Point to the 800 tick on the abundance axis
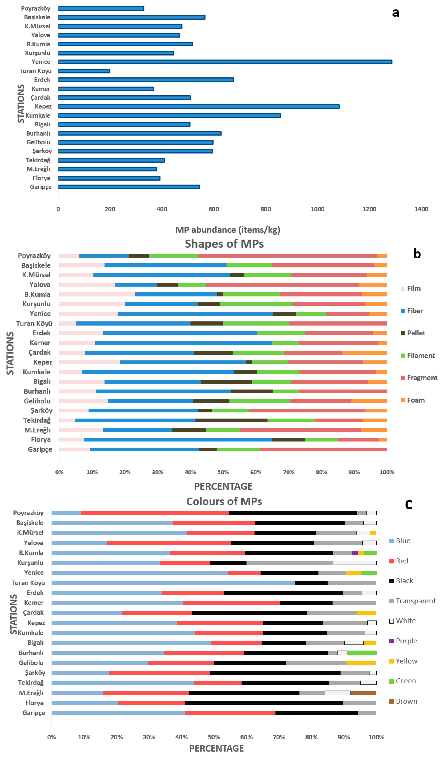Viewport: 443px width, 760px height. (266, 209)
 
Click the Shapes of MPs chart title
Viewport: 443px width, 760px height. (224, 244)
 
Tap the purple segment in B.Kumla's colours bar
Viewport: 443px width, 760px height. (355, 553)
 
